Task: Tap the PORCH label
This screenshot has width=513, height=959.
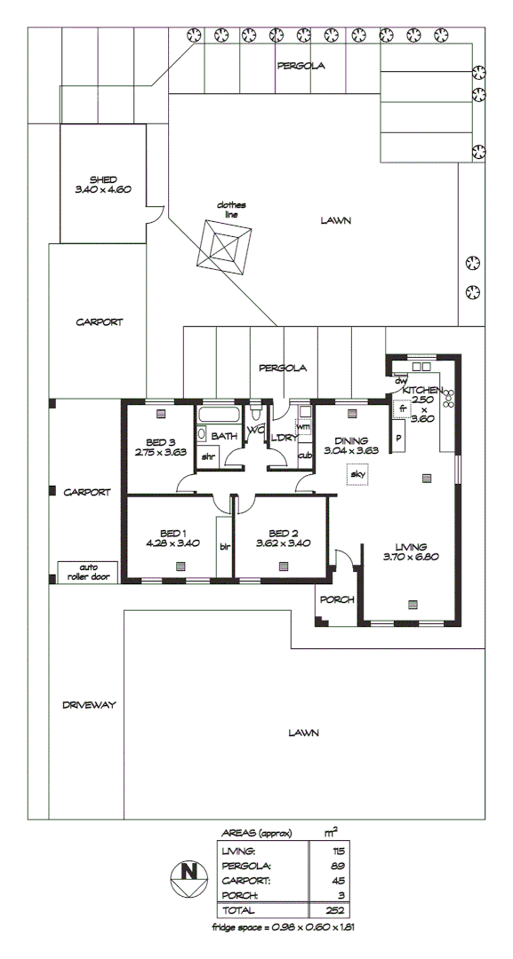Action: (x=337, y=599)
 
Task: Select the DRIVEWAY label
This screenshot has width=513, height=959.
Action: (x=89, y=704)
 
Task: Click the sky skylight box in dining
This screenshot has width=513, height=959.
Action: (x=358, y=475)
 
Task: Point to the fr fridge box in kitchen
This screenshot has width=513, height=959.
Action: (x=402, y=409)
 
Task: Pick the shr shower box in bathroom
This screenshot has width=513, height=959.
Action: (x=208, y=456)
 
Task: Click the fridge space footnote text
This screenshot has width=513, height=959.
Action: (x=285, y=926)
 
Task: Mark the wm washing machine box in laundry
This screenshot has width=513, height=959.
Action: (x=303, y=427)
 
